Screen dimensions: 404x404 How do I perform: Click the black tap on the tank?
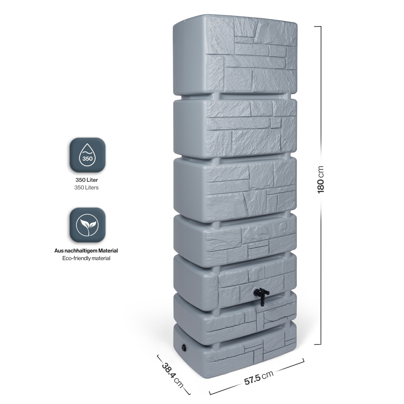(262, 296)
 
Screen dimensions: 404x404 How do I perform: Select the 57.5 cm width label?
(259, 378)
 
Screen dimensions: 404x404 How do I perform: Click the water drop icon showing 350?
(87, 155)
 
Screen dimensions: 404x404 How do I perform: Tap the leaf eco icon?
(87, 225)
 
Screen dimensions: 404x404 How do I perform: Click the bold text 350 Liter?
(87, 180)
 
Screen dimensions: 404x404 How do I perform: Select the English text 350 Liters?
(86, 188)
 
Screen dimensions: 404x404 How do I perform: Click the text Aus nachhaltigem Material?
(86, 251)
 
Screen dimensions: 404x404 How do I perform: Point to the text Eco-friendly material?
(86, 258)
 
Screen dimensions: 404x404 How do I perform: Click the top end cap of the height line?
(318, 26)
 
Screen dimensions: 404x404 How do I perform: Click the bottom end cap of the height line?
(318, 344)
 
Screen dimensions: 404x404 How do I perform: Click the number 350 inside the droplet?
(87, 159)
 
